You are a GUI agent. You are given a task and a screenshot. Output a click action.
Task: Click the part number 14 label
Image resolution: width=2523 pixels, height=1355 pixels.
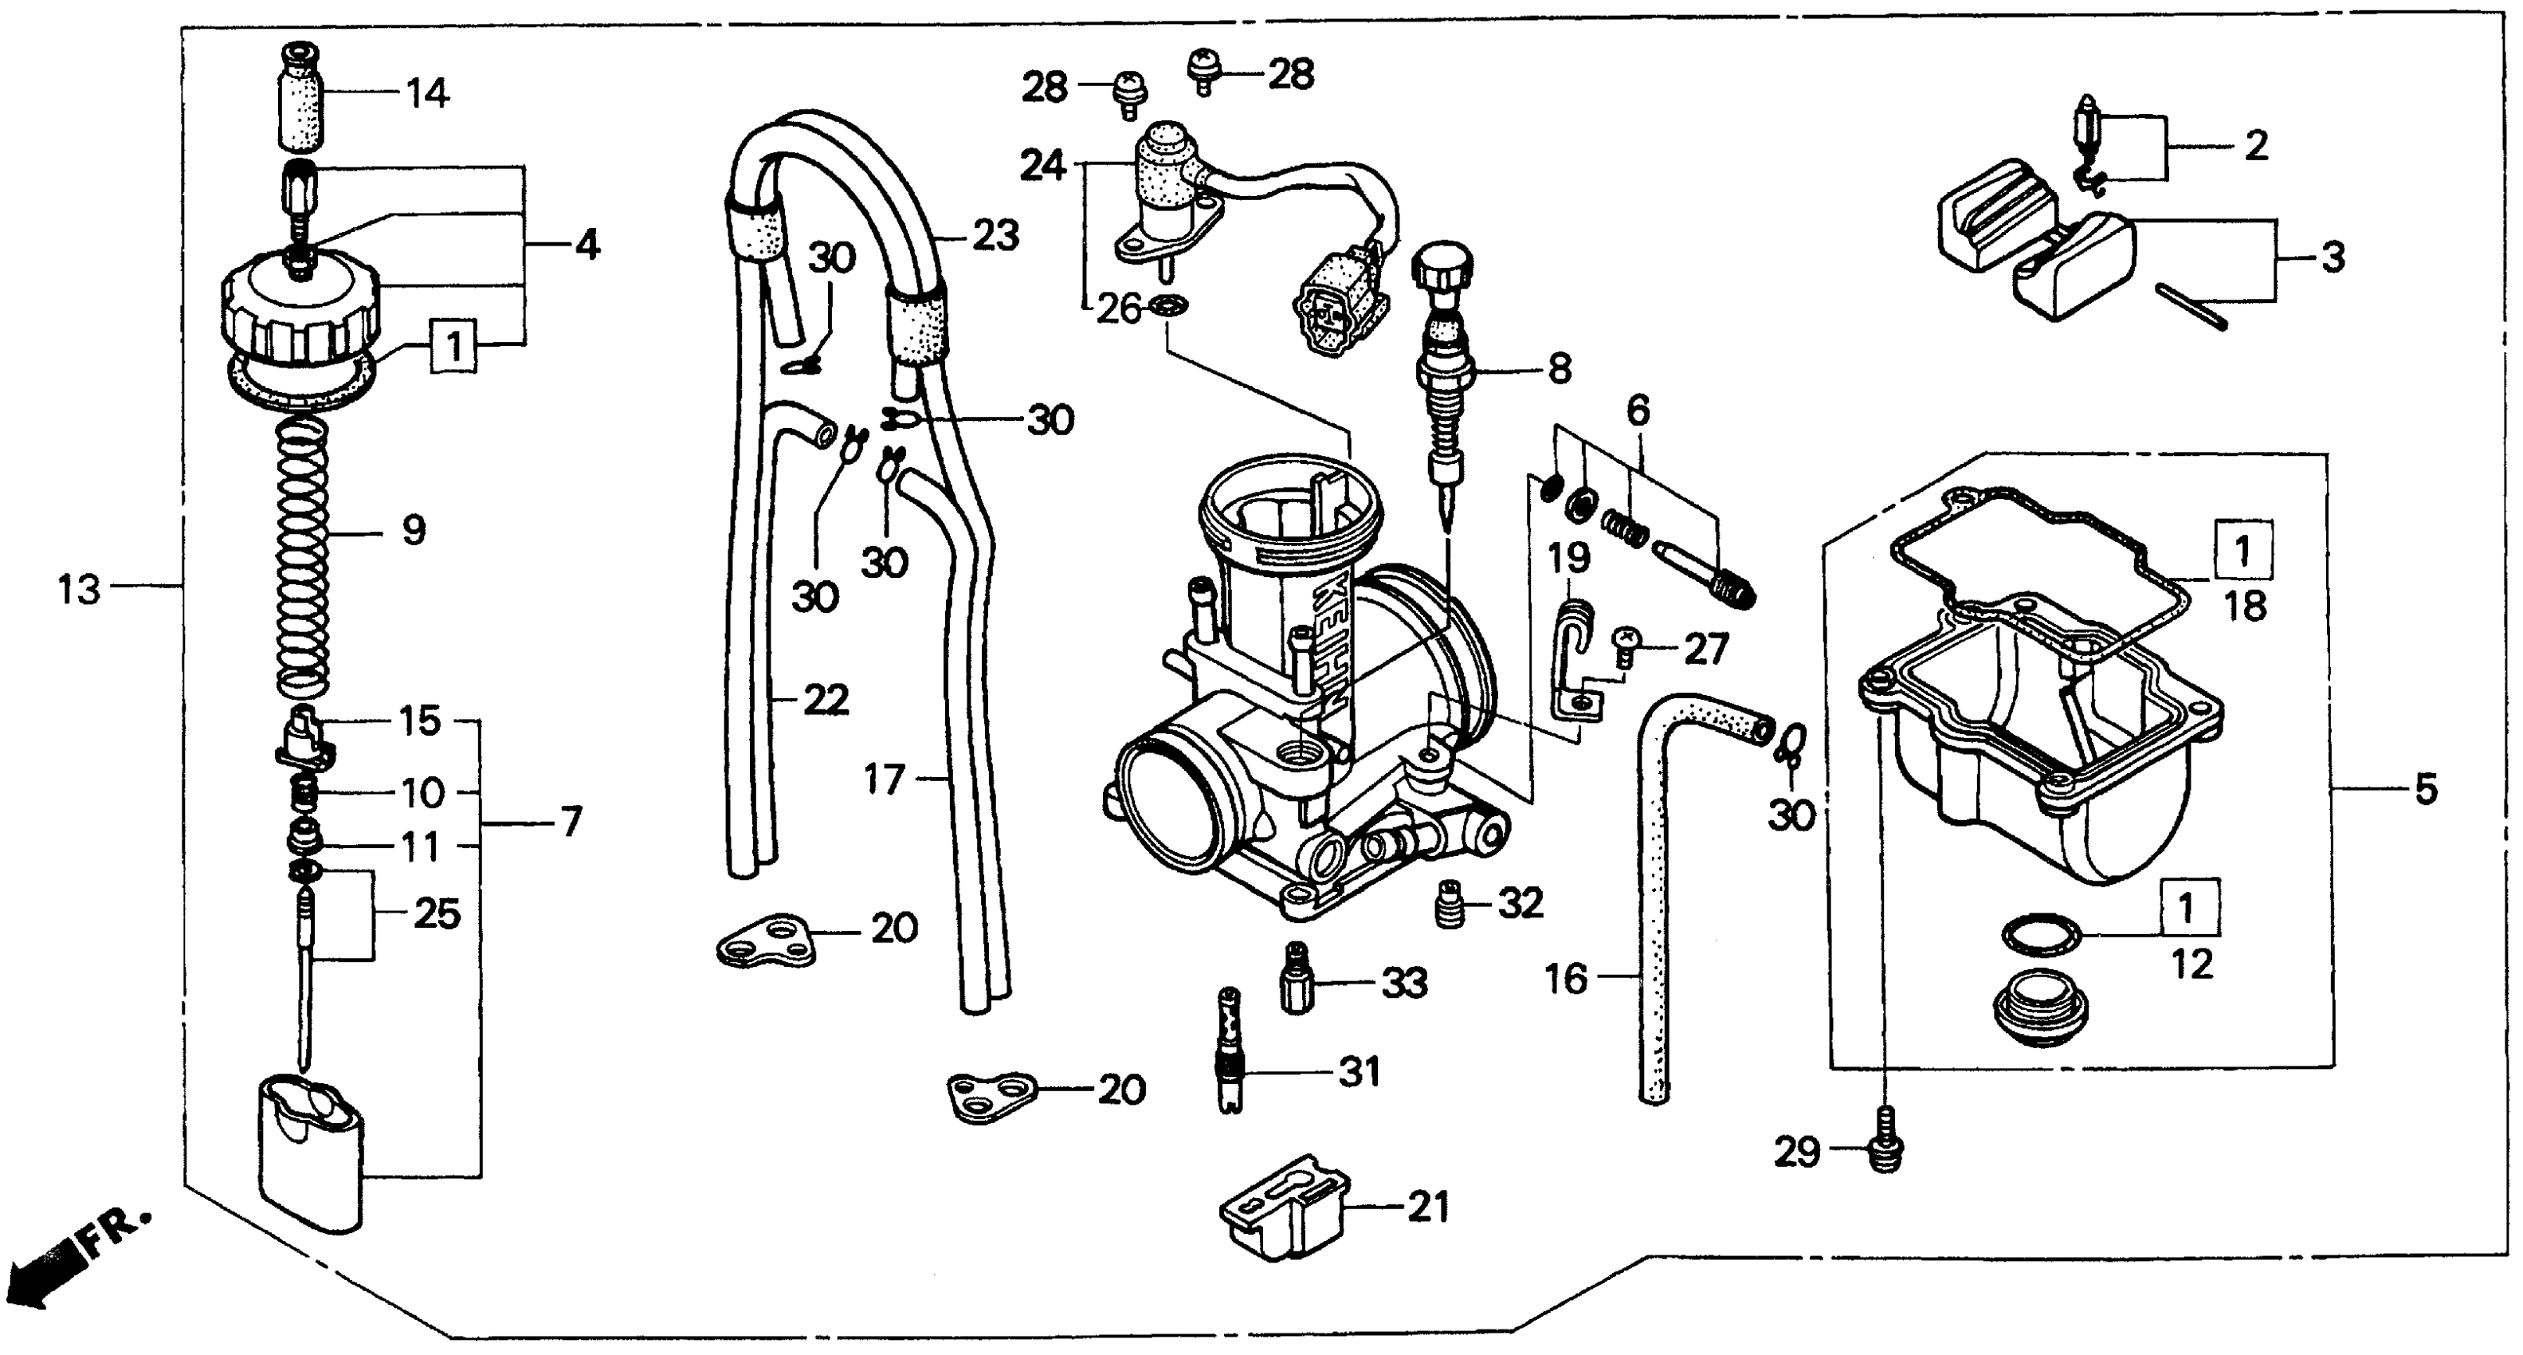point(428,94)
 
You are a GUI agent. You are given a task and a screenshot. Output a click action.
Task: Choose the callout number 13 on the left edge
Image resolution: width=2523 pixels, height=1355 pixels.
point(78,591)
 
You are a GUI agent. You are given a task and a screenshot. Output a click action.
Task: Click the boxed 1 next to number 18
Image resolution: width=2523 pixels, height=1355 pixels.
point(2241,552)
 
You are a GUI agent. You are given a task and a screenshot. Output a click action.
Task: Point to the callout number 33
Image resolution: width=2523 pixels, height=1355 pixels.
point(1403,983)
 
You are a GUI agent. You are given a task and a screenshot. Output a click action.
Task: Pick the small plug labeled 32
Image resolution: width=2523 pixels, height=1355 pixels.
point(1449,903)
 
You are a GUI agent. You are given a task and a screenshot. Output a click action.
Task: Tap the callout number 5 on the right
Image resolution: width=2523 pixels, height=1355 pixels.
point(2425,789)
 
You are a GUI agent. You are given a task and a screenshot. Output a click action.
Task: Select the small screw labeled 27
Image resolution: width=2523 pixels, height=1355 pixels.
point(1626,642)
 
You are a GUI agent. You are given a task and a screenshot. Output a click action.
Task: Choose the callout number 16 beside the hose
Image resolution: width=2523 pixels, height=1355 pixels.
point(1565,979)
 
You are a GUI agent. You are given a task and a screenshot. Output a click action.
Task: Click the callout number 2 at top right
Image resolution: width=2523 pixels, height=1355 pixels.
point(2255,146)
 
